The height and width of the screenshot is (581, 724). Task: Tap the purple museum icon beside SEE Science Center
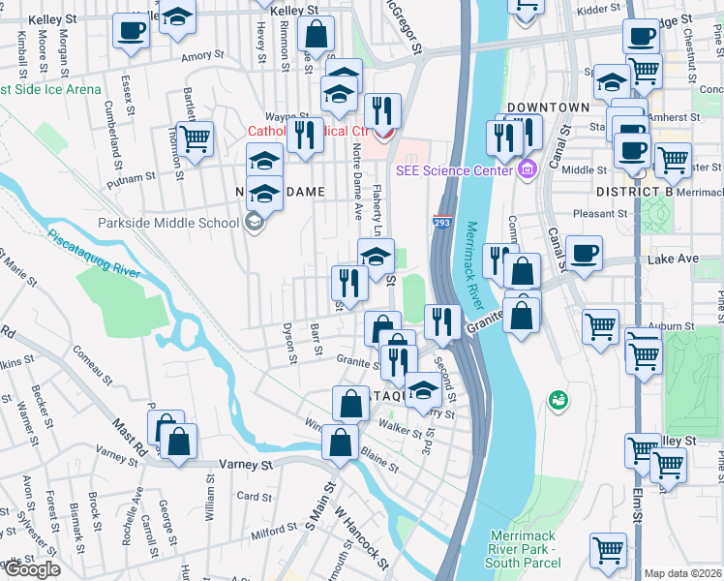(527, 171)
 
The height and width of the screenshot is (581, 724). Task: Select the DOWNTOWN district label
(547, 107)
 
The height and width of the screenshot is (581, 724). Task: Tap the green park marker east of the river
(558, 398)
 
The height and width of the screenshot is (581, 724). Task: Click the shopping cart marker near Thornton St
(196, 138)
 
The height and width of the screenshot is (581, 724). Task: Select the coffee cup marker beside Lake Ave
(584, 253)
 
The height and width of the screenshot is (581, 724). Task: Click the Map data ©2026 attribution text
(682, 573)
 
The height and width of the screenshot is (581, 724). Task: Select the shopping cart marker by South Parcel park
(608, 549)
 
